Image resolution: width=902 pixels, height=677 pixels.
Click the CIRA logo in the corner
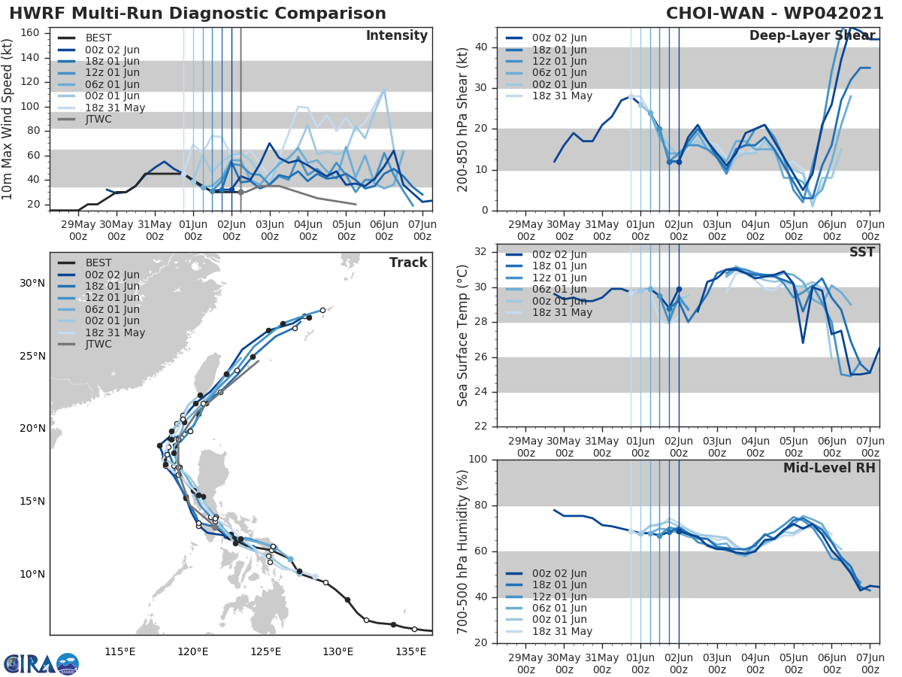(41, 663)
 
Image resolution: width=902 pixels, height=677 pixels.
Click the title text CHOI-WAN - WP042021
(776, 14)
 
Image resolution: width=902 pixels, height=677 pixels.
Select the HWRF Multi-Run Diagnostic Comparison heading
(198, 14)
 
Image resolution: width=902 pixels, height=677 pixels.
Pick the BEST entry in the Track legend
(98, 263)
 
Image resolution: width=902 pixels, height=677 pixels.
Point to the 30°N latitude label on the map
(32, 283)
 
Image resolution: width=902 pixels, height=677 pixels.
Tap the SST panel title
(861, 252)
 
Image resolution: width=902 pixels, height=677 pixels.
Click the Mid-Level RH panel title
(829, 468)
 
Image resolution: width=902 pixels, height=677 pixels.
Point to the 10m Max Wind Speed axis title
(9, 119)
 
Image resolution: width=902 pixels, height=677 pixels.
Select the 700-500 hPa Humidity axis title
(463, 551)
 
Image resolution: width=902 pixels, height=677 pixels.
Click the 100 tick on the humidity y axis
(480, 460)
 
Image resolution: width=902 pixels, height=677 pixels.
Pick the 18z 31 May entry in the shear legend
(561, 96)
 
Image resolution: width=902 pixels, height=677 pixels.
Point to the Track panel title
(407, 263)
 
